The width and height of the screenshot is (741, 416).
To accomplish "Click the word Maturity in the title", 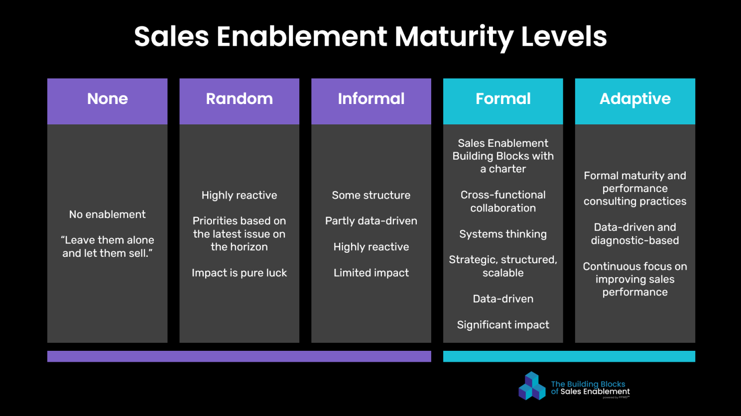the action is [x=454, y=37].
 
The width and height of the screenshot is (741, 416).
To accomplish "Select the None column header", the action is [x=107, y=101].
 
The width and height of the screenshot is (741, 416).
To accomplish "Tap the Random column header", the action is [x=239, y=101].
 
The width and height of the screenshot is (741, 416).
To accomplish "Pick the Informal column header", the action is [x=371, y=101].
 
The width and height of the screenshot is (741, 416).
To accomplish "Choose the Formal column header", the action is [x=503, y=101].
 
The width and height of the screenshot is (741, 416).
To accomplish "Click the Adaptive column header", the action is [x=635, y=101].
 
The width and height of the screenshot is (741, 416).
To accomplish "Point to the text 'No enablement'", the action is [x=107, y=214].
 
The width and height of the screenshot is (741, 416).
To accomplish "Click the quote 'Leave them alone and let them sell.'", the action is [x=107, y=246].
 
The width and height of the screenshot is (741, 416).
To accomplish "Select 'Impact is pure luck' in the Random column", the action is [x=239, y=273].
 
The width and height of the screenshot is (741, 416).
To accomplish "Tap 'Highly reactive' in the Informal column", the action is [x=371, y=247].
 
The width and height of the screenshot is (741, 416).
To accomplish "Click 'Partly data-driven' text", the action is [x=371, y=221].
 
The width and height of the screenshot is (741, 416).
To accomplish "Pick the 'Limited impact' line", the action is [x=371, y=273].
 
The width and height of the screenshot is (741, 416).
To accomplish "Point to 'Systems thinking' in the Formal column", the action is [x=503, y=234].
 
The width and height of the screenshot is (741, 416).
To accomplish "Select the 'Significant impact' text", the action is [x=503, y=325].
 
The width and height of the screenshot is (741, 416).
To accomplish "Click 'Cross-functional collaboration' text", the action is [x=503, y=202].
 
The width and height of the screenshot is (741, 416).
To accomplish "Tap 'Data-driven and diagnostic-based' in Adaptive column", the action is [x=635, y=234].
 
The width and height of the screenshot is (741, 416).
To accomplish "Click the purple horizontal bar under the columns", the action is [x=239, y=356].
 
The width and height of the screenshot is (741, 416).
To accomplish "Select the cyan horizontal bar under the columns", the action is [x=569, y=356].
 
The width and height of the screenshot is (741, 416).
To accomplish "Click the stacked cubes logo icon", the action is [x=532, y=386].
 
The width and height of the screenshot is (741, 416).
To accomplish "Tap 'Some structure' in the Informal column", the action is [x=371, y=195].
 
